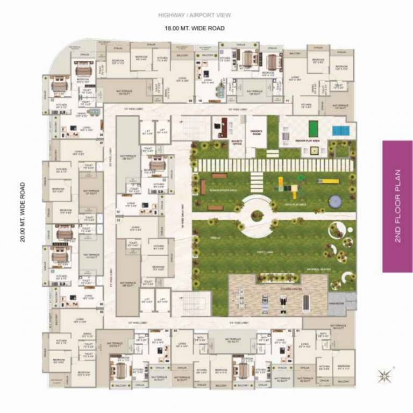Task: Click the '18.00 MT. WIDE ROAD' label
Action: click(194, 28)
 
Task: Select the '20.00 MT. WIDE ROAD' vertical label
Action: click(23, 212)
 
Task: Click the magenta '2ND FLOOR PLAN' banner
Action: click(397, 206)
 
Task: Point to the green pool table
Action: click(314, 129)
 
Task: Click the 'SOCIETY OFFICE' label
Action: click(237, 144)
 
